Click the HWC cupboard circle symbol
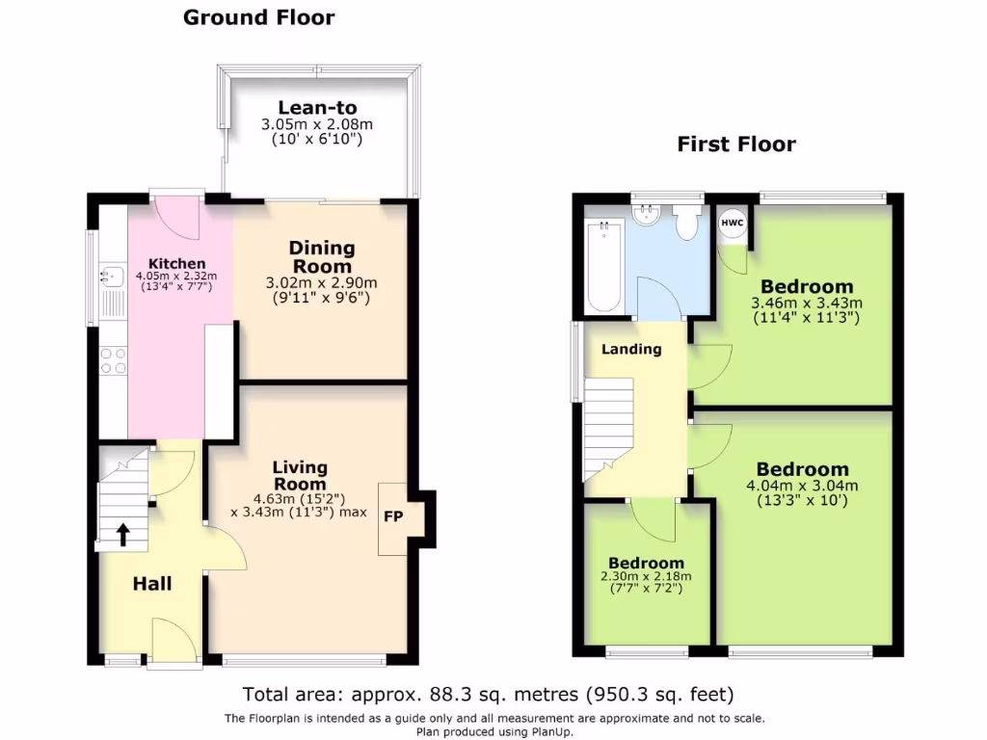point(732,223)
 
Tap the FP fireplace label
point(393,516)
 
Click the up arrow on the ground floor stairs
point(123,533)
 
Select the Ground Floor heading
point(259,17)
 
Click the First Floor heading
point(736,145)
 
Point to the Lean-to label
point(317,108)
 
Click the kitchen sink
point(112,277)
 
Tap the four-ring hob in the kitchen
point(113,360)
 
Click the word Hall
point(152,584)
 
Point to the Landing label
point(631,349)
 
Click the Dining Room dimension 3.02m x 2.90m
point(322,283)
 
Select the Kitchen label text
point(176,263)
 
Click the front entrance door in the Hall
point(173,641)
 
